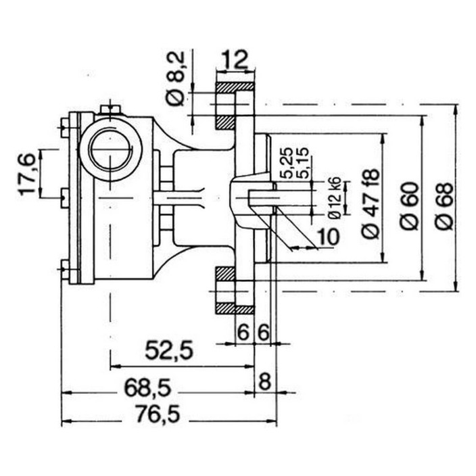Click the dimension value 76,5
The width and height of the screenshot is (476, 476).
[158, 414]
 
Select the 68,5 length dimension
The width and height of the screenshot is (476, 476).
[148, 388]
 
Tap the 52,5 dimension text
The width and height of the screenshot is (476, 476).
[169, 350]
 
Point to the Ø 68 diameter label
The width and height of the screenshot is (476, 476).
[444, 206]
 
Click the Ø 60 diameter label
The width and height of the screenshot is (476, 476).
[410, 206]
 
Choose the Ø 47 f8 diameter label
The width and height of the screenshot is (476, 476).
[371, 203]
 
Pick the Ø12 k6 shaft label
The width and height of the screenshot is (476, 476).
[337, 198]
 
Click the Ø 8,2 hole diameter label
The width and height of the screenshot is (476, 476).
[176, 79]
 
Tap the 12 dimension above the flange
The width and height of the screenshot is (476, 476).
[235, 59]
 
